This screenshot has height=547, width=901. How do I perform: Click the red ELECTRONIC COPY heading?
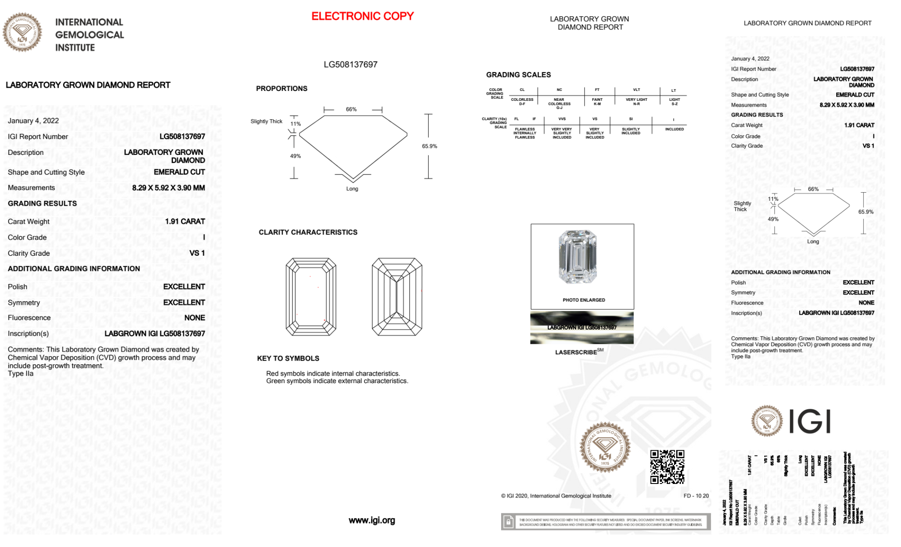tap(362, 16)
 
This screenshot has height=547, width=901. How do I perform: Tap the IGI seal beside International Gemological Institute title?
tap(22, 32)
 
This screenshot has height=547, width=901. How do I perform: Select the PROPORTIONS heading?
tap(281, 89)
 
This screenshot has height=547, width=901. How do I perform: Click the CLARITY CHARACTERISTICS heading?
tap(308, 232)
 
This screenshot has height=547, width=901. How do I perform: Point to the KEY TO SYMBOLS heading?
tap(288, 358)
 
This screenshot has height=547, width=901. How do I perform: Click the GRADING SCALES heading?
tap(518, 75)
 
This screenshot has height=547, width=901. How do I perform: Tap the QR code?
tap(667, 467)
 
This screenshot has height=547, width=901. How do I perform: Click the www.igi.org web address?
tap(371, 520)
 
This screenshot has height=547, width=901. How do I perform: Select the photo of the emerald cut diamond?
tap(578, 257)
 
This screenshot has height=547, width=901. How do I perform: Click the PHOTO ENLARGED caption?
tap(584, 300)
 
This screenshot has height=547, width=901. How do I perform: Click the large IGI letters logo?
tap(810, 422)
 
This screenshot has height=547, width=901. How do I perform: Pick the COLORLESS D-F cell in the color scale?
tap(522, 102)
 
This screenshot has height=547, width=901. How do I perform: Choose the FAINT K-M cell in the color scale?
tap(597, 102)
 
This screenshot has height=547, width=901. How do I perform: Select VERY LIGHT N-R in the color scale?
tap(636, 102)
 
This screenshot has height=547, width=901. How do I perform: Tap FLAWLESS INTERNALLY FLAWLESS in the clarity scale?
tap(525, 133)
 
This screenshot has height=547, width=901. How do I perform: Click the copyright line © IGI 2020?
tap(556, 496)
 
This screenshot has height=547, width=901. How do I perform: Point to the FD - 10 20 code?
tap(696, 496)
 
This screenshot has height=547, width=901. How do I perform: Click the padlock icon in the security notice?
tap(508, 522)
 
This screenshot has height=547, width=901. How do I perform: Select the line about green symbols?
tap(337, 381)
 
